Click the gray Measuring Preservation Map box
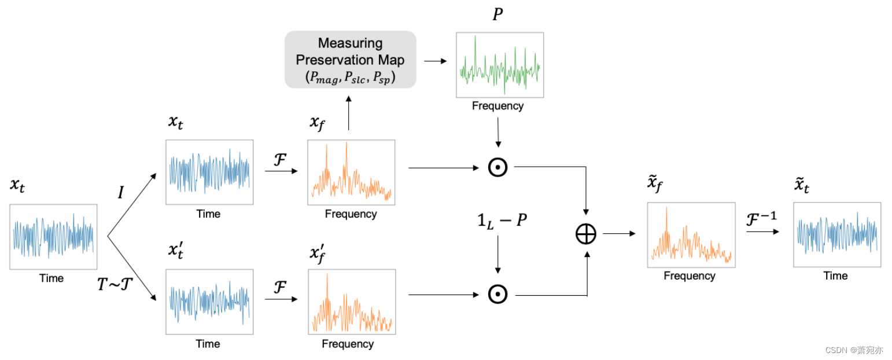point(351,59)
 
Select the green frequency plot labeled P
point(500,65)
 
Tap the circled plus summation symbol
point(586,234)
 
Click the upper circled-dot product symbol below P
point(497,167)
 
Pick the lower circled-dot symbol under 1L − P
point(497,295)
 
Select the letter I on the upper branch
point(121,193)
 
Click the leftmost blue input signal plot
point(53,236)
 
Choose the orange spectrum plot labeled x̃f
point(691,234)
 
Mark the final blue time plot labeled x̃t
point(837,234)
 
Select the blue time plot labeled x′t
point(209,301)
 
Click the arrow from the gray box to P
point(436,60)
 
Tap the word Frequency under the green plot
point(497,106)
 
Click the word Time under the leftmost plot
point(51,278)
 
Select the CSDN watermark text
point(854,350)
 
